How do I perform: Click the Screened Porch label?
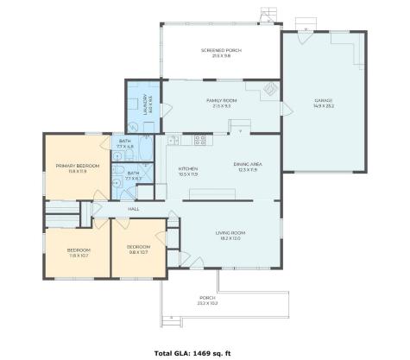click(x=221, y=53)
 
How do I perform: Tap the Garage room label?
click(x=324, y=103)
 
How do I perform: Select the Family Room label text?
click(x=221, y=103)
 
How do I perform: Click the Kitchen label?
click(x=188, y=170)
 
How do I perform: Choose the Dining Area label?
click(x=247, y=167)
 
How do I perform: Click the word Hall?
click(x=134, y=208)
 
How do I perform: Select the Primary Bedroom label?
click(x=78, y=167)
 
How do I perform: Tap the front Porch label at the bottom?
click(x=208, y=300)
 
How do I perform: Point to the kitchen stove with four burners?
click(x=199, y=139)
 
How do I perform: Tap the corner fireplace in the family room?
click(x=270, y=88)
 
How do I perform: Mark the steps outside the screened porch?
click(x=269, y=15)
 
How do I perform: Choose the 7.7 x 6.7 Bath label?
click(x=132, y=175)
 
